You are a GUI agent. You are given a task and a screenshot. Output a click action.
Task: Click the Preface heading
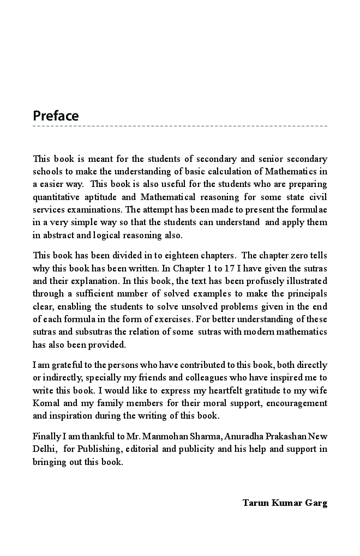[x=56, y=116]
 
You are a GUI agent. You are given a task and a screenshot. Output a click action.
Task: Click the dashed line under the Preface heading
[x=180, y=126]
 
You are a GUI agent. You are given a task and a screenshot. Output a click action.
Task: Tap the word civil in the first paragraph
[x=317, y=197]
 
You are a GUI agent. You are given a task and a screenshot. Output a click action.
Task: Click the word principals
[x=308, y=293]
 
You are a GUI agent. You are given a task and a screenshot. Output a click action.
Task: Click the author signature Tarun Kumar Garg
[x=285, y=503]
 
